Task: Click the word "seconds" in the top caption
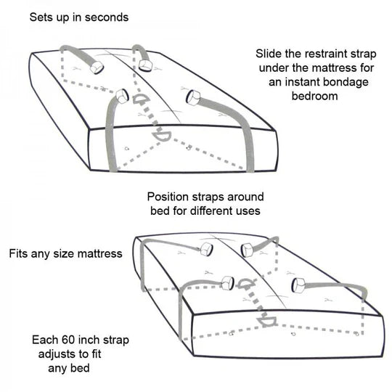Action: pyautogui.click(x=107, y=17)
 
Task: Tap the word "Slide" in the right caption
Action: pyautogui.click(x=269, y=54)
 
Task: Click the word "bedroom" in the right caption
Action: pyautogui.click(x=315, y=97)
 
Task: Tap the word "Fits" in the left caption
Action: pyautogui.click(x=20, y=253)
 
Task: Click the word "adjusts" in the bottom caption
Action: pyautogui.click(x=57, y=354)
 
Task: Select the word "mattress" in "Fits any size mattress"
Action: pyautogui.click(x=99, y=254)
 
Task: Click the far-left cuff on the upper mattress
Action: pyautogui.click(x=97, y=67)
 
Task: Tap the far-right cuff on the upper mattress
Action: pyautogui.click(x=145, y=65)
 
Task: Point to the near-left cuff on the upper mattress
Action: pyautogui.click(x=122, y=96)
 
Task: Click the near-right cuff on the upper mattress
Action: pyautogui.click(x=193, y=97)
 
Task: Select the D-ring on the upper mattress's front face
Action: pyautogui.click(x=162, y=136)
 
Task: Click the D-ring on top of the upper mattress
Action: pyautogui.click(x=141, y=99)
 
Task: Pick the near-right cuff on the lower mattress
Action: pyautogui.click(x=298, y=286)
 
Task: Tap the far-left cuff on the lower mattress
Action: pyautogui.click(x=206, y=250)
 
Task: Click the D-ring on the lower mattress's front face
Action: pyautogui.click(x=267, y=322)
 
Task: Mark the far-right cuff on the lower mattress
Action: pyautogui.click(x=248, y=250)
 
